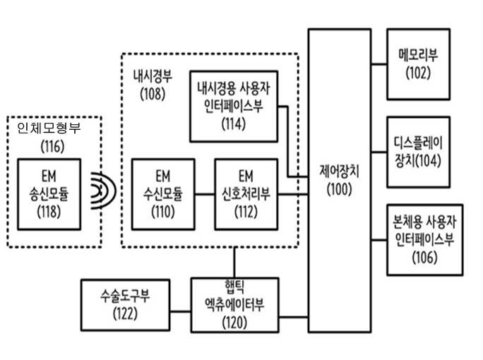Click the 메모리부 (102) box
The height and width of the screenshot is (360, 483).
pyautogui.click(x=418, y=64)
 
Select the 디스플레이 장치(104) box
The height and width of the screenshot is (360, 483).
pyautogui.click(x=418, y=152)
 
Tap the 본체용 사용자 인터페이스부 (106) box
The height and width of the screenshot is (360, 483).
pyautogui.click(x=425, y=239)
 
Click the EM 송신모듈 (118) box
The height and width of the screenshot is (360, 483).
pyautogui.click(x=49, y=194)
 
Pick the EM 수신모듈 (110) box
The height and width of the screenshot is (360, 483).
pyautogui.click(x=163, y=194)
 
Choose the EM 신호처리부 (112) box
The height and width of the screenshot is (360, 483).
pyautogui.click(x=246, y=194)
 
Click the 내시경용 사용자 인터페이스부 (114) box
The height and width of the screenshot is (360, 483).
pyautogui.click(x=234, y=107)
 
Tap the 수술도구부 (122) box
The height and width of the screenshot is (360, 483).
pyautogui.click(x=126, y=305)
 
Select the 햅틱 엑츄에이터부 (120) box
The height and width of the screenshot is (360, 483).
pyautogui.click(x=234, y=305)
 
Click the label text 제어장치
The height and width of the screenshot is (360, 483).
pyautogui.click(x=339, y=172)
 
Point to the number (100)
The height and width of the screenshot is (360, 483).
pyautogui.click(x=339, y=189)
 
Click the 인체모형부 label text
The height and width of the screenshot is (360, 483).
pyautogui.click(x=49, y=128)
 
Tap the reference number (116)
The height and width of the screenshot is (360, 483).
pyautogui.click(x=53, y=146)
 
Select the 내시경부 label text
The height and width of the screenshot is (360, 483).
pyautogui.click(x=153, y=76)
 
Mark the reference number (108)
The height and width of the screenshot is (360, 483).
pyautogui.click(x=153, y=94)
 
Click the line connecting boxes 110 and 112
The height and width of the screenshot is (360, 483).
pyautogui.click(x=205, y=194)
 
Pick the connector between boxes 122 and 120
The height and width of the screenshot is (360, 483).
pyautogui.click(x=180, y=311)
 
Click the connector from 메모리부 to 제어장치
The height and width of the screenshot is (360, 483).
pyautogui.click(x=379, y=64)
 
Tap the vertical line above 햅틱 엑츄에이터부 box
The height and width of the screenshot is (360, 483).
pyautogui.click(x=234, y=263)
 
